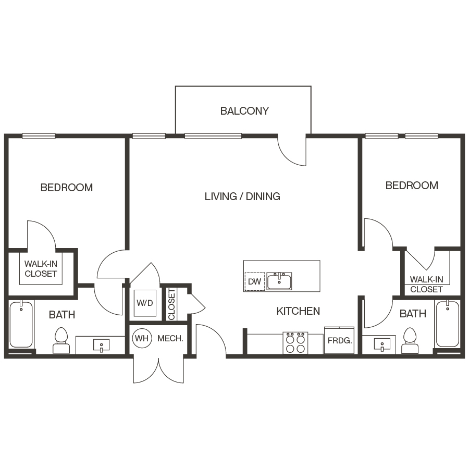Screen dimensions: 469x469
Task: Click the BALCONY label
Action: (244, 111)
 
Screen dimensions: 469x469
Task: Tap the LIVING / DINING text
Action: (242, 196)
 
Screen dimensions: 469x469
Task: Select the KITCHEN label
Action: (298, 311)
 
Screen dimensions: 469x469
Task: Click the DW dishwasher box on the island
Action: (255, 281)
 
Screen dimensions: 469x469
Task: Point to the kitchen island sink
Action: (279, 281)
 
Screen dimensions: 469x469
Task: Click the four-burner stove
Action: (295, 342)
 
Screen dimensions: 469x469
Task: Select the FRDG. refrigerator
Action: (340, 341)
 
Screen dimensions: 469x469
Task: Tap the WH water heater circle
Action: (141, 338)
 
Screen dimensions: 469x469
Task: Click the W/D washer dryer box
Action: (145, 303)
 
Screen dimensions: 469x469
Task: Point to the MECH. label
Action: (170, 338)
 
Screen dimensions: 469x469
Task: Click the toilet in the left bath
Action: (61, 341)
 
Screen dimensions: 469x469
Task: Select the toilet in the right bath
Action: (410, 341)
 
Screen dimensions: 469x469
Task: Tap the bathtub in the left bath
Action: (21, 325)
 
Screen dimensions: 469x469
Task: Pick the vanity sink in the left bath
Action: (101, 344)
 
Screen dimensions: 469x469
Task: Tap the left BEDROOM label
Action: (67, 188)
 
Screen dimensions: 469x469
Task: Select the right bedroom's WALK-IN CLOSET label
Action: (426, 285)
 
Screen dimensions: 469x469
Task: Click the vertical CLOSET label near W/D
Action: (171, 304)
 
